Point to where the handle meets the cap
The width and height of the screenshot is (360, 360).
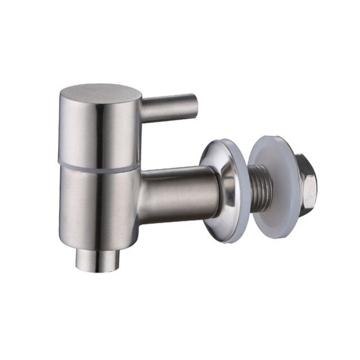142,110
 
